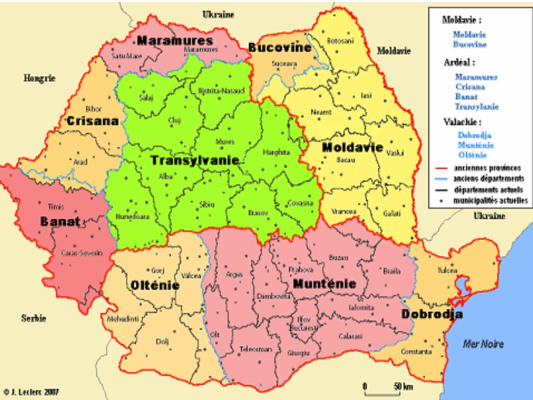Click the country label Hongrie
[x=39, y=78]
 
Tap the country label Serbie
[x=33, y=317]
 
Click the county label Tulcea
[x=446, y=272]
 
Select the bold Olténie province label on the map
[x=155, y=285]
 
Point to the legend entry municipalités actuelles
[x=491, y=199]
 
